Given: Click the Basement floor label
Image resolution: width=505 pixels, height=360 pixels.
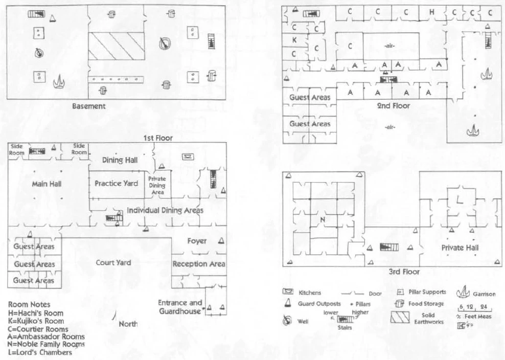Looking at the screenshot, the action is point(89,106).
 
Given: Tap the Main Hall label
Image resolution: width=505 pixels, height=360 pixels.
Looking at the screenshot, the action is point(47,184).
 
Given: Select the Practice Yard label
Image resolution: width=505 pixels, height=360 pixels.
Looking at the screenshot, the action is point(117,183).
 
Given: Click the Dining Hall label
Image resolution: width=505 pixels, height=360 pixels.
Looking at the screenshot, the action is point(120,160).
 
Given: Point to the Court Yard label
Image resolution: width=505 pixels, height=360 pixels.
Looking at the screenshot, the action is point(113,262).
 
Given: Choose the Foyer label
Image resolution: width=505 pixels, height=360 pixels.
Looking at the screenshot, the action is point(197,241).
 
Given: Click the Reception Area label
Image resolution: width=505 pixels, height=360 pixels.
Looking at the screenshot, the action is point(199,264).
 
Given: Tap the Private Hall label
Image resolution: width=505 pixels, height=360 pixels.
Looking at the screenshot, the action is point(460,247).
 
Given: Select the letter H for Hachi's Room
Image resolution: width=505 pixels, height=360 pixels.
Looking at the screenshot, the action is point(432,11).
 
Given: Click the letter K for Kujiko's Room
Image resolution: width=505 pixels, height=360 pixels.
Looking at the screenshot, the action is point(294,40).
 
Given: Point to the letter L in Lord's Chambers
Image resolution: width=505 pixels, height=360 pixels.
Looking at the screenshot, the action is point(460,201).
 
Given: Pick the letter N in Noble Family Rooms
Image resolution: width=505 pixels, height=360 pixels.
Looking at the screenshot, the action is point(322,219).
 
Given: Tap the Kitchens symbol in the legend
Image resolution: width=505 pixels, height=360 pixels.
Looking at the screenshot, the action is point(287,292).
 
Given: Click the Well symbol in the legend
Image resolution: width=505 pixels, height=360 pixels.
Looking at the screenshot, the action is point(287,321).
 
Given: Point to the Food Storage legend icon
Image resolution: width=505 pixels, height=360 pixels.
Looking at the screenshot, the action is point(399,304).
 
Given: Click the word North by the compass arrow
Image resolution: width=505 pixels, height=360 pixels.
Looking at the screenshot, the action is point(128,324).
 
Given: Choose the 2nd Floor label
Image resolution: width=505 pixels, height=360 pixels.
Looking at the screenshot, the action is point(394,106).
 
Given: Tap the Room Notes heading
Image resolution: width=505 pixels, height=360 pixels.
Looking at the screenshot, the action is point(30,305).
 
